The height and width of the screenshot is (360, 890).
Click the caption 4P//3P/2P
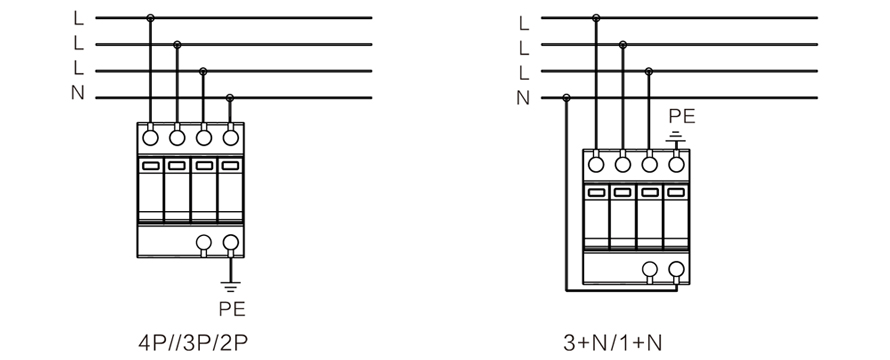pyautogui.click(x=193, y=343)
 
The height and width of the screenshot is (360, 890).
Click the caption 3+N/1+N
pyautogui.click(x=612, y=343)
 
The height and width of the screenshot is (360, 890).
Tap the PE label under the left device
pyautogui.click(x=232, y=309)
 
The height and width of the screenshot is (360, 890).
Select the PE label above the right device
pyautogui.click(x=681, y=116)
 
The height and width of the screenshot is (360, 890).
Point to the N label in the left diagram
pyautogui.click(x=78, y=93)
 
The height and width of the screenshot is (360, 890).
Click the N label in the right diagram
pyautogui.click(x=523, y=98)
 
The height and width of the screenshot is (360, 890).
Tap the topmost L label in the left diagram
pyautogui.click(x=78, y=18)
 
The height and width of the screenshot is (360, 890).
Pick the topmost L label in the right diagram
pyautogui.click(x=524, y=23)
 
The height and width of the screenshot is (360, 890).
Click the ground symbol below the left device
pyautogui.click(x=230, y=287)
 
